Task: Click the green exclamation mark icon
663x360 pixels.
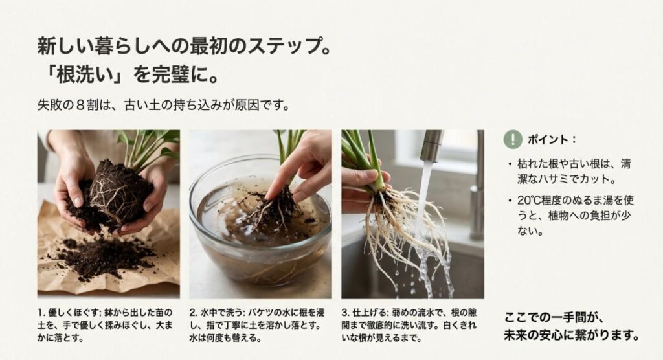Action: pos(513,139)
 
